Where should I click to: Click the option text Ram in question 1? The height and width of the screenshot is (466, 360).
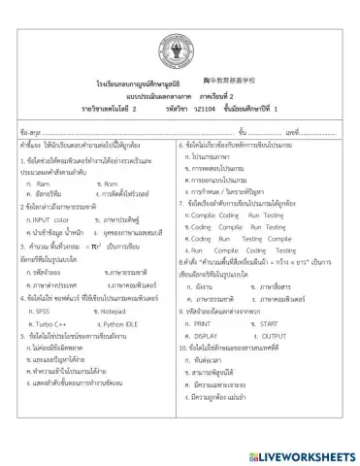(x=43, y=183)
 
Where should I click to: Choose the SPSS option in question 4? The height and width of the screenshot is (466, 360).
(x=43, y=312)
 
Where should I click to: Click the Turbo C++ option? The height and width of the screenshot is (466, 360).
(x=50, y=323)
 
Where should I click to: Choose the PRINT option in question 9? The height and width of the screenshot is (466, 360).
(x=208, y=322)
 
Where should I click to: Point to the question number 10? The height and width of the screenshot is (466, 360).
(x=186, y=347)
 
